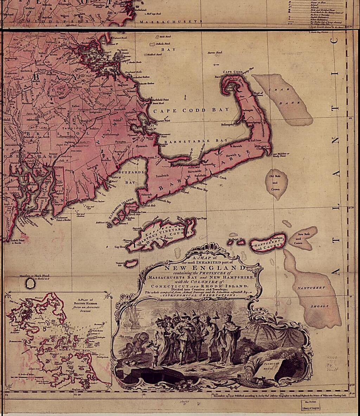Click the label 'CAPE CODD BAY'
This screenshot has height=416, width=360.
[190, 110]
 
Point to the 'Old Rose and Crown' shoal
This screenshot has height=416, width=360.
[275, 183]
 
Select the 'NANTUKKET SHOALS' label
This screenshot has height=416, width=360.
[311, 297]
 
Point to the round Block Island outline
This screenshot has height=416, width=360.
[30, 284]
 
